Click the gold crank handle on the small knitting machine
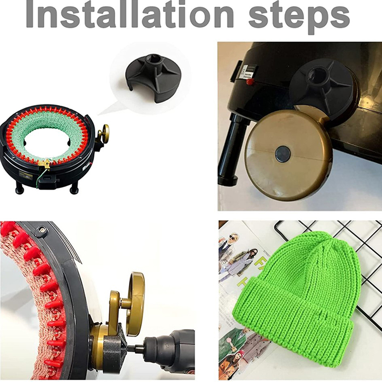pyautogui.click(x=104, y=134)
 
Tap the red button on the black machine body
pyautogui.click(x=249, y=81)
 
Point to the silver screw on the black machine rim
pyautogui.click(x=43, y=229)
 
